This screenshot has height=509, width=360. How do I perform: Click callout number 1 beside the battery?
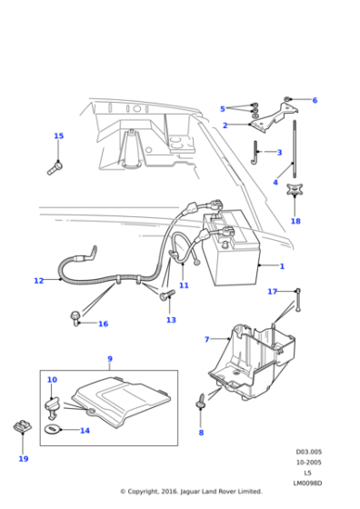tap(282, 266)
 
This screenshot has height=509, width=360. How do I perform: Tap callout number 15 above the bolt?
tap(58, 136)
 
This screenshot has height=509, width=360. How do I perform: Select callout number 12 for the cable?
tap(38, 281)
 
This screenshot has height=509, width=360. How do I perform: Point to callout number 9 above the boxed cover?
tap(109, 359)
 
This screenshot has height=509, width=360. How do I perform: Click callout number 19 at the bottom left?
tap(23, 459)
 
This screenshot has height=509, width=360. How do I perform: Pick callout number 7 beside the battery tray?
tap(206, 339)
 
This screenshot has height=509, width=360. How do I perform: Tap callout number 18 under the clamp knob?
tap(295, 221)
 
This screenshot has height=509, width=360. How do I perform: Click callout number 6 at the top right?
tap(315, 100)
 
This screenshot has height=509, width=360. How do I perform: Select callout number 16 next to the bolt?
tap(103, 324)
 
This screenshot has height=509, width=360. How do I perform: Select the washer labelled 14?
tap(54, 429)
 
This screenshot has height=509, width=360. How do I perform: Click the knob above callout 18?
tap(295, 193)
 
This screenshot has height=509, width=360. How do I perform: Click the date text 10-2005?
tap(308, 461)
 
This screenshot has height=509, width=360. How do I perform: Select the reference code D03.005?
tap(308, 451)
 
